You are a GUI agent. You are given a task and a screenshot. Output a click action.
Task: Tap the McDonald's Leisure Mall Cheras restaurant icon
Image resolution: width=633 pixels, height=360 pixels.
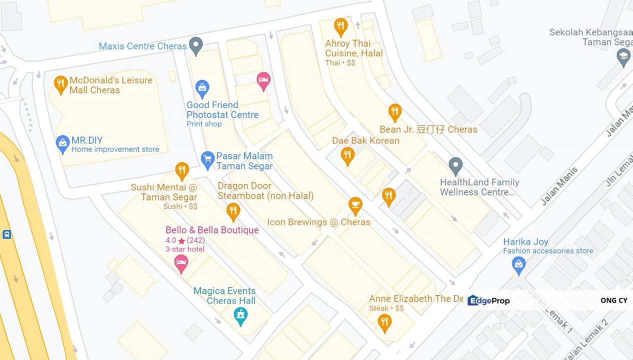click(60, 84)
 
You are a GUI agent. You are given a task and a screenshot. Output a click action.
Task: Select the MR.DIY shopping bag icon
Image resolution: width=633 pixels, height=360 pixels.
click(62, 143)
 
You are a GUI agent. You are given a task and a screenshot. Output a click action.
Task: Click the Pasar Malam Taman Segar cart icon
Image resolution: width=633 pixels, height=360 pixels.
click(207, 159)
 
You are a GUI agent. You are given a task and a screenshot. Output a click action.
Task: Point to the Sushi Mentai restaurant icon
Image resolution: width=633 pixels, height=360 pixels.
click(182, 170)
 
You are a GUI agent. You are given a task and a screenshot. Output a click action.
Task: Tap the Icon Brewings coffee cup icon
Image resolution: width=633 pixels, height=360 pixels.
click(355, 205)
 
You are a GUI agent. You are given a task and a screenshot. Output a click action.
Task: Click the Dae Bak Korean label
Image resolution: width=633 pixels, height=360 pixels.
click(365, 140)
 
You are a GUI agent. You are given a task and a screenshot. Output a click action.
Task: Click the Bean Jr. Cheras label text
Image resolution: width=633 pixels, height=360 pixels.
click(428, 129)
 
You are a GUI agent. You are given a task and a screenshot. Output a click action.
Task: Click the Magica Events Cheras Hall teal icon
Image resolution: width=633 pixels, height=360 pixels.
click(241, 315)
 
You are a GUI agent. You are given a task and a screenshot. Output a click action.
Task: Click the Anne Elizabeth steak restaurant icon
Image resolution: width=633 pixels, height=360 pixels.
click(384, 322)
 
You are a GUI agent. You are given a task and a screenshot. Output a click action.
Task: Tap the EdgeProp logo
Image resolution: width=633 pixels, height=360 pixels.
click(488, 300)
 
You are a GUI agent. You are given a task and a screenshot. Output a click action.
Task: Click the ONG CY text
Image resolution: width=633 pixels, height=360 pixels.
click(613, 300)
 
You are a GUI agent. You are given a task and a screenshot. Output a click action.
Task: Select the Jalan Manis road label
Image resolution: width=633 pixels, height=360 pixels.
click(559, 186)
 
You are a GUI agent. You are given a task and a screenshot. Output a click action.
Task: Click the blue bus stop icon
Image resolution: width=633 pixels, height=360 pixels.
click(6, 234)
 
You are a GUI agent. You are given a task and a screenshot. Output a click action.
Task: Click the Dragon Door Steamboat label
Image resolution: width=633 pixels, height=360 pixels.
click(265, 190)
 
